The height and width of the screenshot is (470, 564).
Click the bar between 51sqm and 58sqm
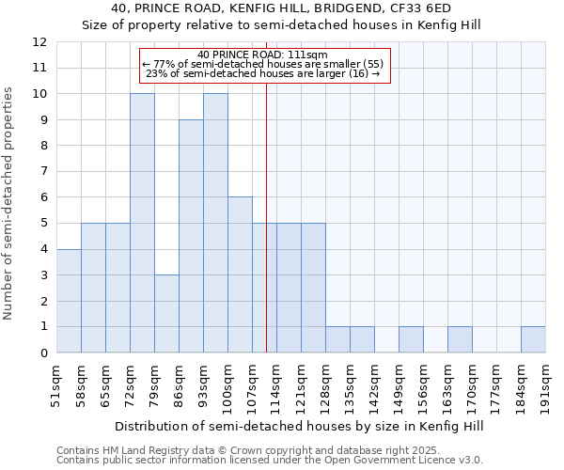(x=69, y=301)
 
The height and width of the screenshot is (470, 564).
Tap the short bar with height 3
(x=166, y=313)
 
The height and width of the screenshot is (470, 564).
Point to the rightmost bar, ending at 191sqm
(x=533, y=339)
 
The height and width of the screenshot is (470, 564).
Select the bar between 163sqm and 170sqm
(x=460, y=339)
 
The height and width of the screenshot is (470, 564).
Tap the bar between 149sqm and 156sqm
(x=411, y=339)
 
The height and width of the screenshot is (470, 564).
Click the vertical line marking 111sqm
(x=266, y=216)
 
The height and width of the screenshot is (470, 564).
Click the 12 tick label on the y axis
(x=39, y=42)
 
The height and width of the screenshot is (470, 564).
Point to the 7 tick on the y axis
(x=43, y=172)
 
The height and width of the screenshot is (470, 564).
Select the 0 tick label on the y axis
(x=43, y=352)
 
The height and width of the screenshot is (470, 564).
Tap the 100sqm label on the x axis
(x=228, y=385)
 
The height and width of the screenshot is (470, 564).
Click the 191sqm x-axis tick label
(x=546, y=385)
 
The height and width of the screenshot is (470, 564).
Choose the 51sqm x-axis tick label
(x=57, y=385)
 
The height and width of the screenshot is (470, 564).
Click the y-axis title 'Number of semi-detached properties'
(x=9, y=203)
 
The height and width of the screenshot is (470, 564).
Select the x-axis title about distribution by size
(x=301, y=426)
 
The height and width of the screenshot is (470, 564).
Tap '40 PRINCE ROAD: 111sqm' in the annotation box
(x=263, y=55)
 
